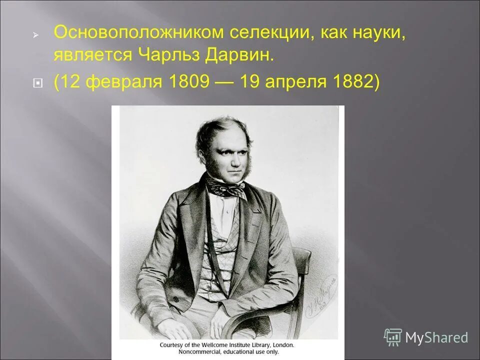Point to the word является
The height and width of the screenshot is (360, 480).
(x=90, y=55)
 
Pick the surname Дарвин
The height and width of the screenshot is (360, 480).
(x=239, y=55)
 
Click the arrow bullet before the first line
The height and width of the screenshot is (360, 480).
(x=36, y=35)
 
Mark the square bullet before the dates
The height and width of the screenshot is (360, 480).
(x=36, y=82)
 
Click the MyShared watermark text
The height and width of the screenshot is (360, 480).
(x=436, y=337)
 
